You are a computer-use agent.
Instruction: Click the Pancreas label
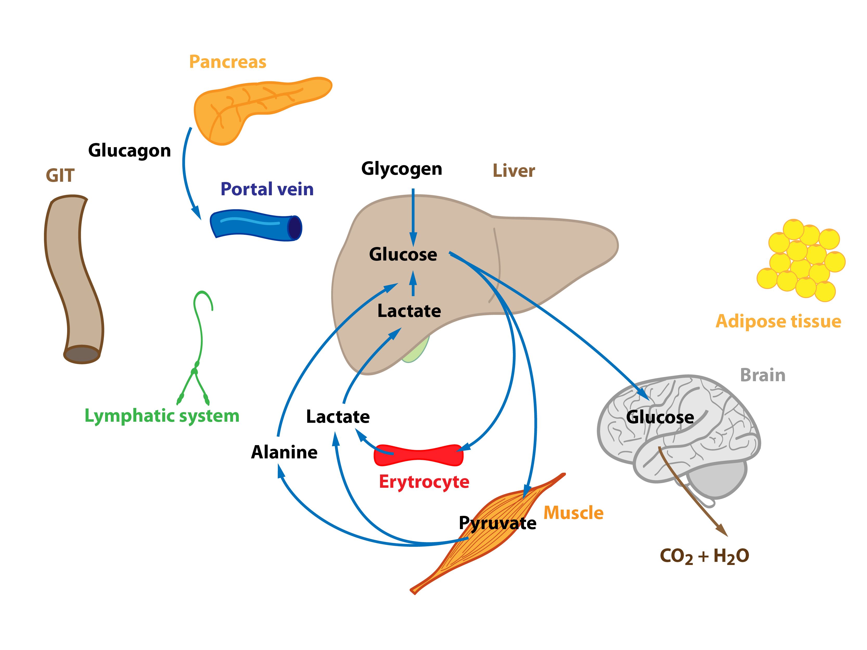click(x=227, y=62)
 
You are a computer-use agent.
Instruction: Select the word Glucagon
click(x=129, y=151)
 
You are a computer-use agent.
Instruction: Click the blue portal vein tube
click(x=255, y=226)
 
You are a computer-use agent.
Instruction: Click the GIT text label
click(x=60, y=175)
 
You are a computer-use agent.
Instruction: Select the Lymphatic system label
click(x=162, y=416)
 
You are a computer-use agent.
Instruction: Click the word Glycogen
click(x=402, y=169)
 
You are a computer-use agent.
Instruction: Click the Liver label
click(x=513, y=171)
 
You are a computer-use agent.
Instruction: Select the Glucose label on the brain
click(x=660, y=417)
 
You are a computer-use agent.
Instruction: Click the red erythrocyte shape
click(x=419, y=455)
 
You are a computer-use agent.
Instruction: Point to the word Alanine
click(x=284, y=452)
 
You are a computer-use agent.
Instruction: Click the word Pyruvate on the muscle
click(x=497, y=523)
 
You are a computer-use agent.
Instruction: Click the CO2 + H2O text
click(x=704, y=556)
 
